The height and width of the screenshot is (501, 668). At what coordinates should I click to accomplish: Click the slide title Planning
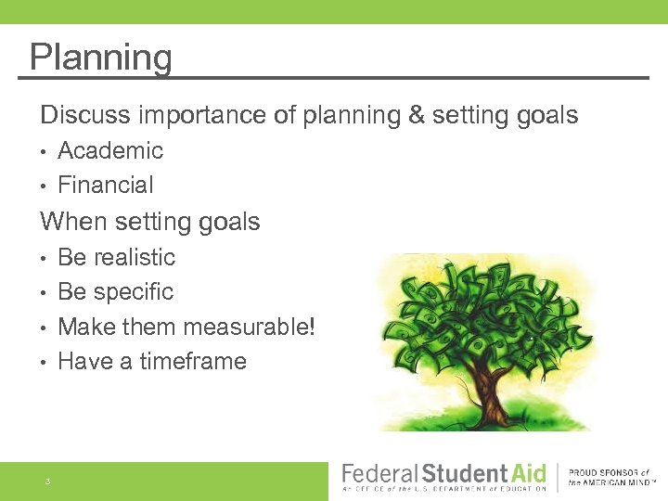click(x=100, y=58)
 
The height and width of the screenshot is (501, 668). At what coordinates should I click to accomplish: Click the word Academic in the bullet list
click(x=110, y=150)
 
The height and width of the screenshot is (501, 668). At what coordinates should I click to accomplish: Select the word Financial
click(x=106, y=185)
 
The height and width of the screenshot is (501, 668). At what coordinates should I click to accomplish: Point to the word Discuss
click(x=85, y=115)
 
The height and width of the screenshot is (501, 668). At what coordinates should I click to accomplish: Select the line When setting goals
click(x=149, y=222)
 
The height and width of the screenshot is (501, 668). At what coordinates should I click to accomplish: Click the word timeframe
click(x=193, y=361)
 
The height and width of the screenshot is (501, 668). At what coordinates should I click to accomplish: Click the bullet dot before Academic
click(x=44, y=151)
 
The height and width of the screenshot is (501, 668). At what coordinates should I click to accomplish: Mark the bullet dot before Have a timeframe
click(x=44, y=362)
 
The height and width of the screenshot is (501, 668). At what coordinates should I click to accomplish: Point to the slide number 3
click(x=46, y=482)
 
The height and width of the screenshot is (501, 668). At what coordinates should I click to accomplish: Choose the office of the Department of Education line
click(x=444, y=489)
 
